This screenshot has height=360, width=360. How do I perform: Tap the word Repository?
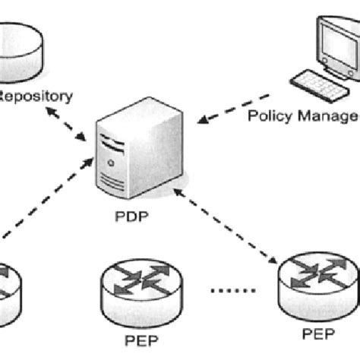pos(36,96)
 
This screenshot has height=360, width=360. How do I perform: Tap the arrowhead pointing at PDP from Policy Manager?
pos(201,119)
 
